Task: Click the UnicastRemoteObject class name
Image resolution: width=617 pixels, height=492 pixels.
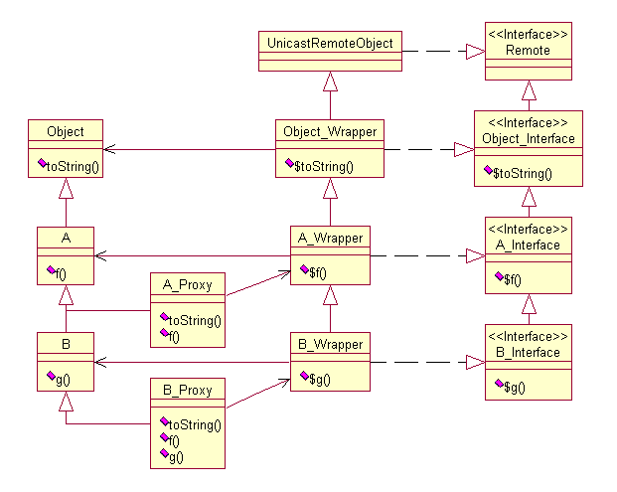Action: click(330, 43)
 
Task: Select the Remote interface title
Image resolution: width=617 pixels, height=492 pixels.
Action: click(529, 50)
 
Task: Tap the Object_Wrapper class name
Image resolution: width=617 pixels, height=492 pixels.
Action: click(330, 130)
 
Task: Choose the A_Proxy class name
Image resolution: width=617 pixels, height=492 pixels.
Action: click(187, 285)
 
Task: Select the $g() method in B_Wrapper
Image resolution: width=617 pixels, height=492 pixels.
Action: click(318, 380)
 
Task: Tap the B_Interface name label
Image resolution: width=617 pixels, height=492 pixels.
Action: click(528, 352)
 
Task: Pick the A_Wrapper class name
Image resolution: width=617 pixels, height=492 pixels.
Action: click(330, 238)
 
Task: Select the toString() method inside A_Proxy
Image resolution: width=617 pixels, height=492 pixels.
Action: click(192, 321)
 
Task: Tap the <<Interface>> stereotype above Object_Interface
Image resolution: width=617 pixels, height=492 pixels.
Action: click(528, 122)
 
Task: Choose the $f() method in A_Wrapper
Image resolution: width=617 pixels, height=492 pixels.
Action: click(318, 271)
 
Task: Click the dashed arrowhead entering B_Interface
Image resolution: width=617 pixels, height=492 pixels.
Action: click(475, 362)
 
